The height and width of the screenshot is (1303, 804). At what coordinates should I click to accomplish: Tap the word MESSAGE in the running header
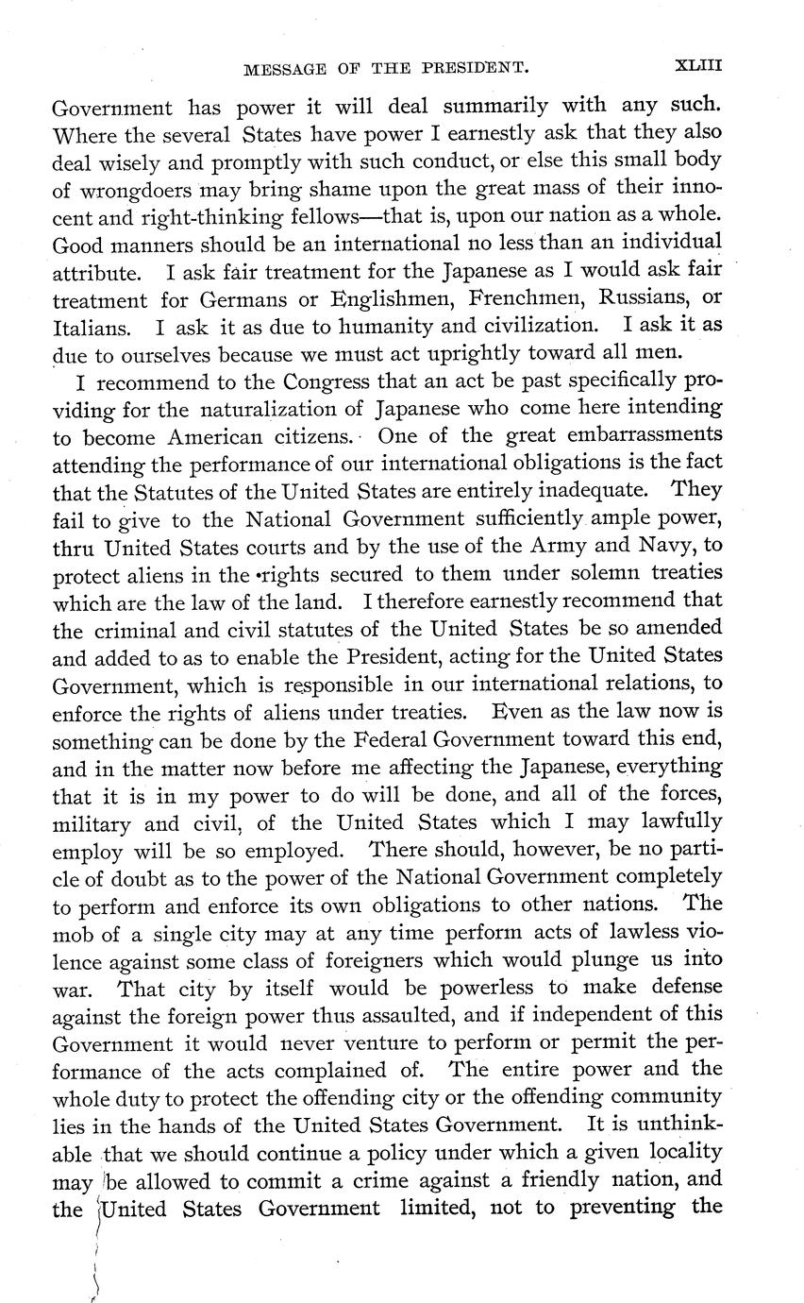(x=280, y=68)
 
